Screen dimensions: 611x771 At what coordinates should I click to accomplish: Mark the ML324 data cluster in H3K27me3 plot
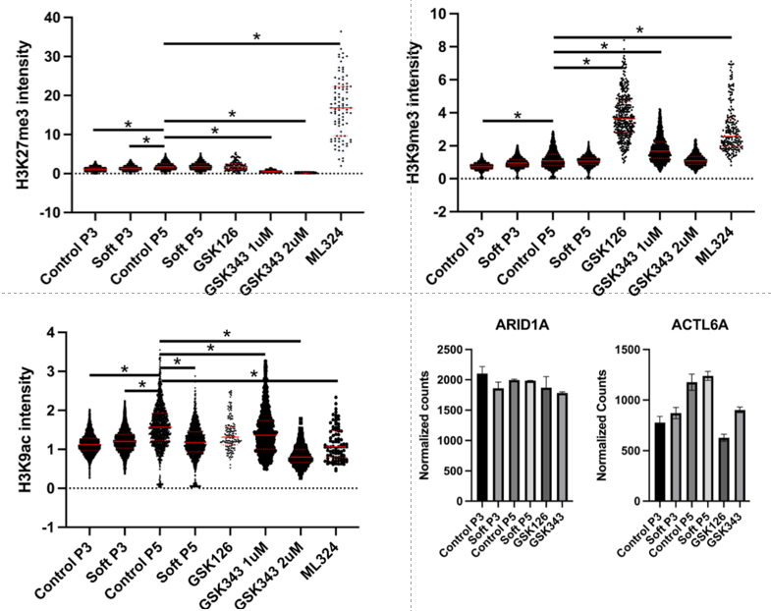341,108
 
